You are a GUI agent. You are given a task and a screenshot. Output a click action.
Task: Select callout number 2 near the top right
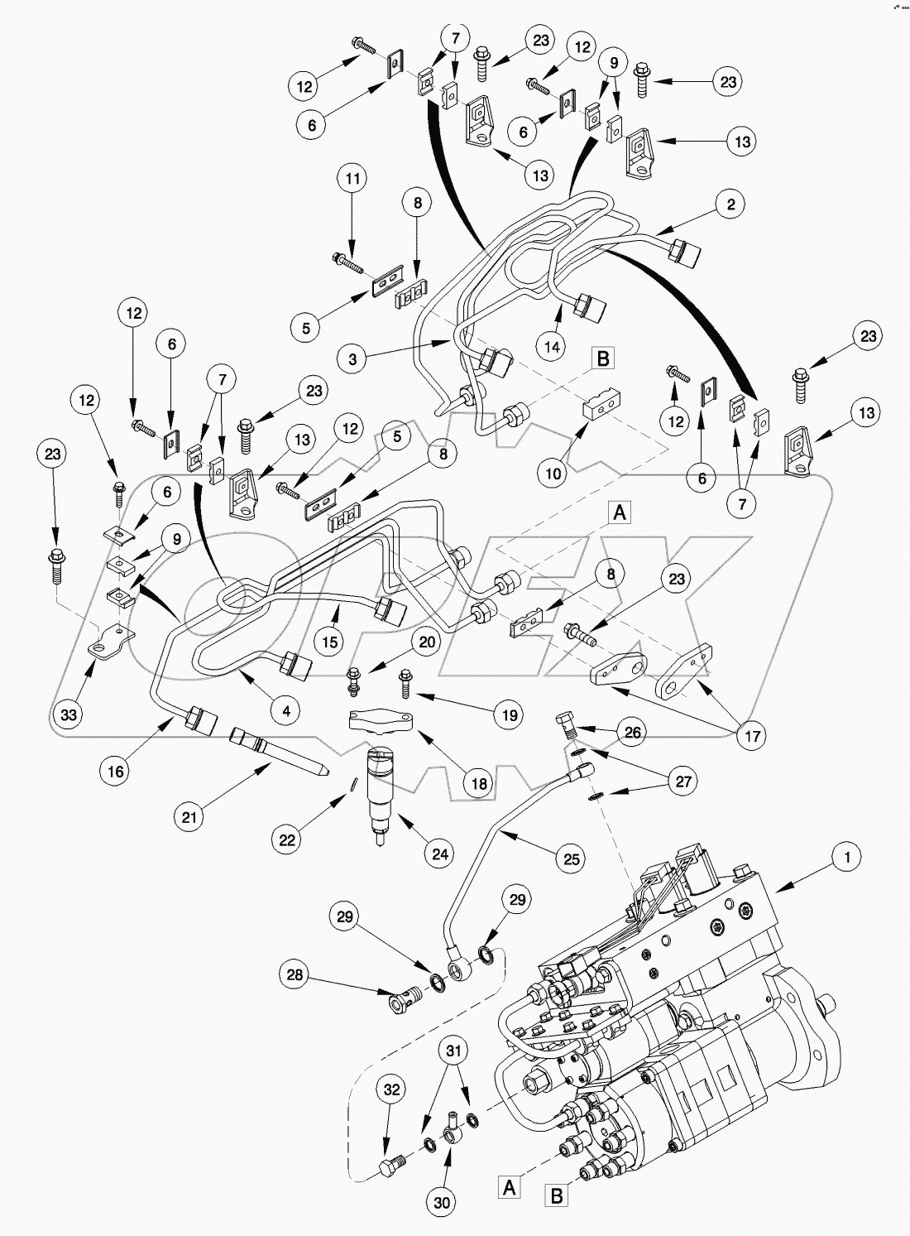click(x=730, y=204)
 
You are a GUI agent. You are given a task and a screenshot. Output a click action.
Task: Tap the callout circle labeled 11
click(x=353, y=178)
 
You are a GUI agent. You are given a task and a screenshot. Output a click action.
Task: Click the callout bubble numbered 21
click(x=189, y=817)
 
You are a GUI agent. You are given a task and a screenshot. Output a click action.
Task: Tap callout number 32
click(x=391, y=1089)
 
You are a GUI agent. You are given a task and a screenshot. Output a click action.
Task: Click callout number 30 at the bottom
click(x=443, y=1202)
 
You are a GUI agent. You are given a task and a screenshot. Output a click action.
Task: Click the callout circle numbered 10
click(x=553, y=473)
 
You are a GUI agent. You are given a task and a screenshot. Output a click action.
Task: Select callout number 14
click(x=552, y=347)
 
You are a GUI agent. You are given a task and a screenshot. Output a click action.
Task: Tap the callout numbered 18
click(x=478, y=782)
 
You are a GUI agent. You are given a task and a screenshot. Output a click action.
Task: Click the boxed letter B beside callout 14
click(x=603, y=359)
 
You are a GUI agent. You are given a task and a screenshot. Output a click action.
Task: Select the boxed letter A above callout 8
click(x=619, y=513)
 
